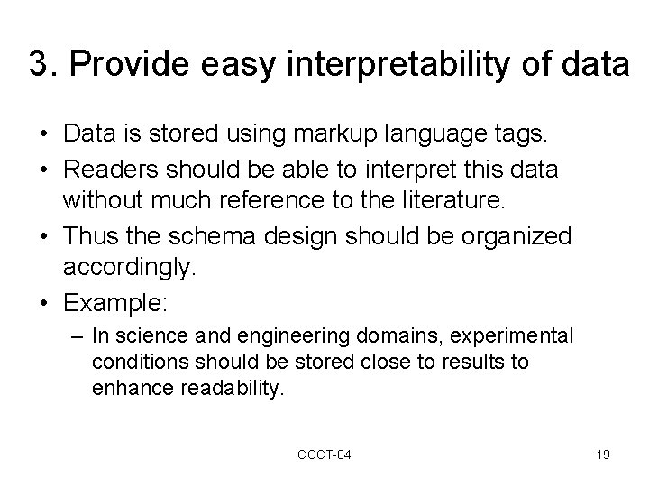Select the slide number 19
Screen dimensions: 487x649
[x=603, y=455]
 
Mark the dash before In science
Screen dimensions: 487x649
[x=77, y=336]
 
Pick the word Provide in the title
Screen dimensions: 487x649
[x=120, y=64]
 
